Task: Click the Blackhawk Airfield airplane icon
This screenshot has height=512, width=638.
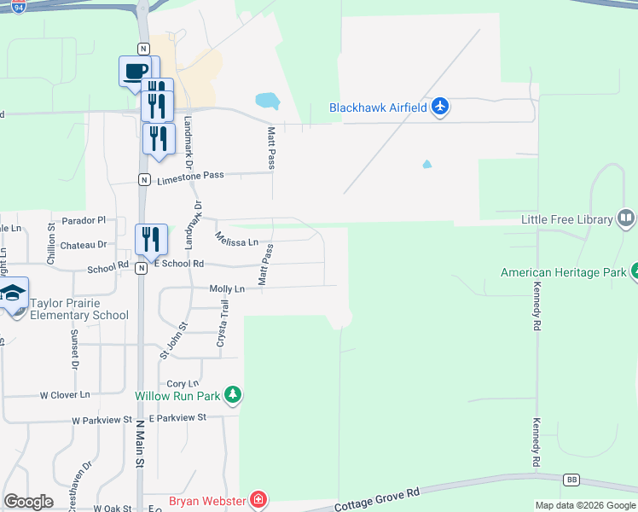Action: pos(440,107)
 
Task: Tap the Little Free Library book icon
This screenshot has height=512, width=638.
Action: pos(626,219)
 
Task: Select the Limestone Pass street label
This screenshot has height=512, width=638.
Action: pos(191,176)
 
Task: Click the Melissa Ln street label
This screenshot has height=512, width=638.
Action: pos(236,239)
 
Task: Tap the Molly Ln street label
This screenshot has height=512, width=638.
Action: pos(227,289)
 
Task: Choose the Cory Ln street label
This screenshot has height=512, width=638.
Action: pos(183,384)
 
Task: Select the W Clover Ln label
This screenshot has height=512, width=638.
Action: pos(65,395)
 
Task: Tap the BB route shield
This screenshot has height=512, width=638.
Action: pos(571,480)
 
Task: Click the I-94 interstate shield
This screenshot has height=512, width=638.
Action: pos(19,6)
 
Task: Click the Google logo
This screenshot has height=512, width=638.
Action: pos(28,502)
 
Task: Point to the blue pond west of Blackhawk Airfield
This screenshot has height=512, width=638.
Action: pos(268,100)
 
